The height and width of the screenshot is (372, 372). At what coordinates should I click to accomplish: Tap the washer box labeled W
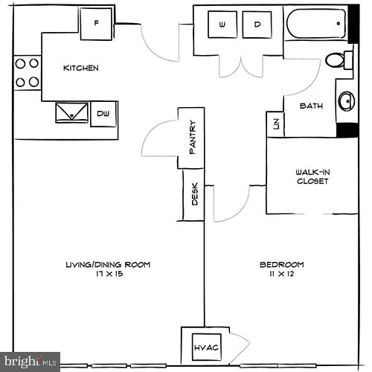click(x=222, y=25)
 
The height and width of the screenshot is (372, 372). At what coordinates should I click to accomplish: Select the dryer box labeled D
click(x=257, y=25)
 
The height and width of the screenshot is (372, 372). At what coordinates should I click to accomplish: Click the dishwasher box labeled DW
click(x=104, y=114)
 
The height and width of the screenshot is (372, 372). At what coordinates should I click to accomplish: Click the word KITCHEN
click(x=80, y=68)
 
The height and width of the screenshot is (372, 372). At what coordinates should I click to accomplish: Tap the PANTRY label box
click(x=191, y=138)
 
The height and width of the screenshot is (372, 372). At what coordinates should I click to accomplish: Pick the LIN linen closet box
click(x=275, y=124)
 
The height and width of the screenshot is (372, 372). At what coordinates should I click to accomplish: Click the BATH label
click(x=310, y=106)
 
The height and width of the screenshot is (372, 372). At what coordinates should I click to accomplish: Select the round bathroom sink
click(x=347, y=100)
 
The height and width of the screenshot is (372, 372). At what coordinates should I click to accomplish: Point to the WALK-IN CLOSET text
click(x=312, y=176)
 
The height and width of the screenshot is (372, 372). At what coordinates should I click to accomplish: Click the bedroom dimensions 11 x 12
click(x=281, y=275)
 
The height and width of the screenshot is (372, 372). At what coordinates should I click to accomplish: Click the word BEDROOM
click(x=281, y=265)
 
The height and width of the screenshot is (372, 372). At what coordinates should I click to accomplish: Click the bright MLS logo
click(x=30, y=362)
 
